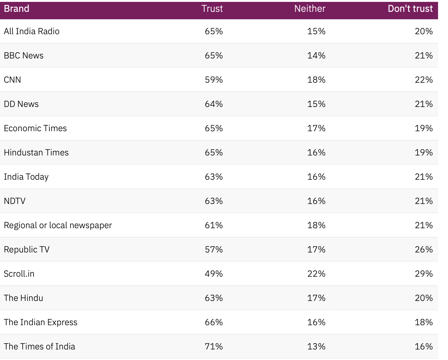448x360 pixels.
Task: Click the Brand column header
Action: pyautogui.click(x=16, y=8)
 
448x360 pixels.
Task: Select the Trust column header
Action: pyautogui.click(x=212, y=8)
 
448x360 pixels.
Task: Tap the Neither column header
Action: pyautogui.click(x=309, y=8)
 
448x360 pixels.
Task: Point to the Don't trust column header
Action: pyautogui.click(x=410, y=8)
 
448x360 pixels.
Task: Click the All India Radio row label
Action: pyautogui.click(x=32, y=31)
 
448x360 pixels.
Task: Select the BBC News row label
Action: pyautogui.click(x=24, y=55)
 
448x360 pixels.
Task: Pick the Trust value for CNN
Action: pyautogui.click(x=214, y=80)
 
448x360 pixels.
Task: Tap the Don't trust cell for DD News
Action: pyautogui.click(x=423, y=104)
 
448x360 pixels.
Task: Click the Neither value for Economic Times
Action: pyautogui.click(x=316, y=128)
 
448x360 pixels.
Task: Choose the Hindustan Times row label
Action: pyautogui.click(x=36, y=152)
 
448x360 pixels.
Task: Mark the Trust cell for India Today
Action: pyautogui.click(x=214, y=177)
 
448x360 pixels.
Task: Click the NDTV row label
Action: pyautogui.click(x=15, y=201)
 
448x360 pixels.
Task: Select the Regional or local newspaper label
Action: pyautogui.click(x=58, y=225)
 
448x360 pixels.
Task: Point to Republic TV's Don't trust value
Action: pyautogui.click(x=423, y=249)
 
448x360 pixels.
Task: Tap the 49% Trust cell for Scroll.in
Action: pyautogui.click(x=214, y=274)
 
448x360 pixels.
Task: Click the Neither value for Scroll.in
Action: pyautogui.click(x=316, y=274)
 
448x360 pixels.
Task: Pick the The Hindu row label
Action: pyautogui.click(x=23, y=298)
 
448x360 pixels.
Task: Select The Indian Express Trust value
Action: pyautogui.click(x=214, y=322)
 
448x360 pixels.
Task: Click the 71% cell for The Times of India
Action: pyautogui.click(x=214, y=346)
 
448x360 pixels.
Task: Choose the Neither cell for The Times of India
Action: pyautogui.click(x=316, y=346)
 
